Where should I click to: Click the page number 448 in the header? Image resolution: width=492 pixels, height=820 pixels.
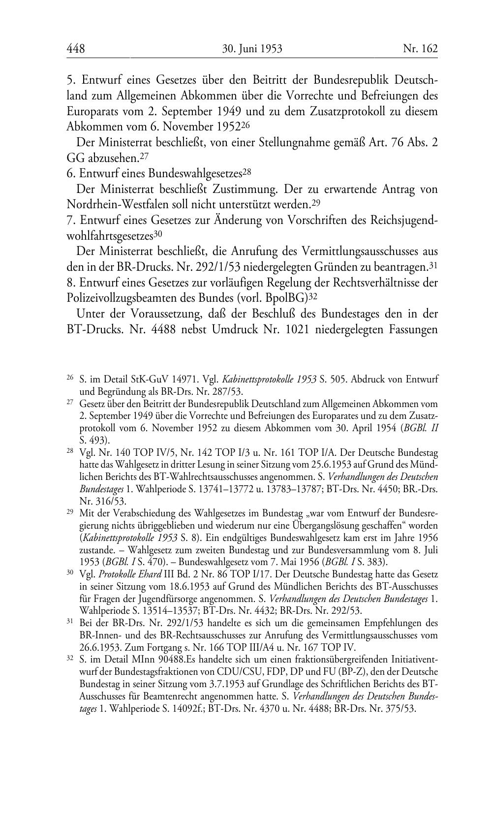(76, 49)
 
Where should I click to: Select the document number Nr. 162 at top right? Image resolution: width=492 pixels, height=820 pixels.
(420, 49)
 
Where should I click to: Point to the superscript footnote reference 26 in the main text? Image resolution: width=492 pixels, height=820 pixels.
(246, 124)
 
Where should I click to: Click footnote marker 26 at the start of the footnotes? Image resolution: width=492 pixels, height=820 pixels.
(70, 378)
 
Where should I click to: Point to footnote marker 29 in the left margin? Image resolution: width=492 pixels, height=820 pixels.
(70, 512)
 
